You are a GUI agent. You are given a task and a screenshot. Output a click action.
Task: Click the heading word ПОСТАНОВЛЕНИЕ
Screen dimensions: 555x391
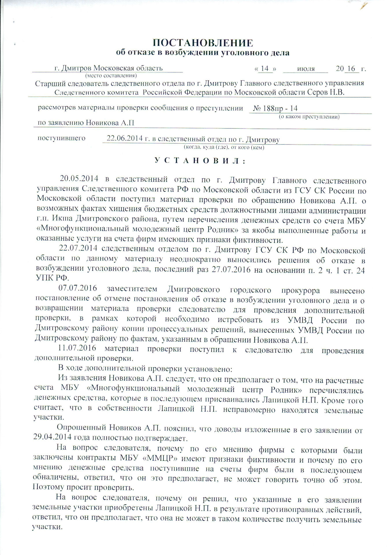[x=203, y=43]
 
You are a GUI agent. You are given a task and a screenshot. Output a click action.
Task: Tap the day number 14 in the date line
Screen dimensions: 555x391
[x=265, y=69]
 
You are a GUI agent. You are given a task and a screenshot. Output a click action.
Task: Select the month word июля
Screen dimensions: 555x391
[x=306, y=69]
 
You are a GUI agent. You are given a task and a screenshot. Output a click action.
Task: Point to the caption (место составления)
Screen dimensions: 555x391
[x=111, y=76]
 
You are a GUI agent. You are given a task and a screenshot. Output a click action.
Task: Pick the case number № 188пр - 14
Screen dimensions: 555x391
[x=275, y=109]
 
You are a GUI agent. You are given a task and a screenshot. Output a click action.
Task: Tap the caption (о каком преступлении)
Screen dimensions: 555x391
[x=309, y=117]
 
